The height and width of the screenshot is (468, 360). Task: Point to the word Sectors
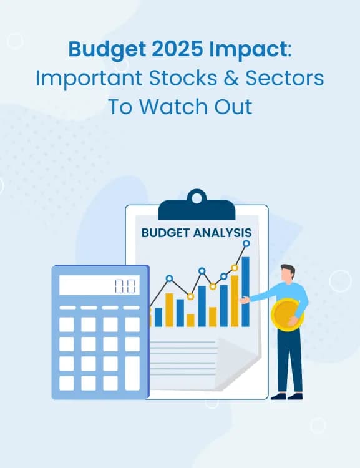[x=285, y=78]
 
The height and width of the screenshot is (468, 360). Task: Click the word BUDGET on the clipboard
[x=166, y=233]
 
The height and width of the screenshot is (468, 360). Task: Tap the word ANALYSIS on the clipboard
[x=223, y=233]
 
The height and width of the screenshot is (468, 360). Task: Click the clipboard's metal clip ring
[x=197, y=198]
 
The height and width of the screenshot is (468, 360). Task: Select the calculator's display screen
[x=99, y=285]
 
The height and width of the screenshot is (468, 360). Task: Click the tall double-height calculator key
[x=132, y=373]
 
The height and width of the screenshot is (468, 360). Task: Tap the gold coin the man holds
[x=287, y=315]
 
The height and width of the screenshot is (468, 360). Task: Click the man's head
[x=288, y=274]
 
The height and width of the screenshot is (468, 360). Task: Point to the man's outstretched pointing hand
[x=245, y=300]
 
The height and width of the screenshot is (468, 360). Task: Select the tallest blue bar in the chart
[x=245, y=291]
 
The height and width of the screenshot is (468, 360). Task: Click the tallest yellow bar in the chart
[x=235, y=301]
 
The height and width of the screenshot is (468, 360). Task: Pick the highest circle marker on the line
[x=246, y=243]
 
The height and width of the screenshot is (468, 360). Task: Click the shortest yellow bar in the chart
[x=190, y=320]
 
